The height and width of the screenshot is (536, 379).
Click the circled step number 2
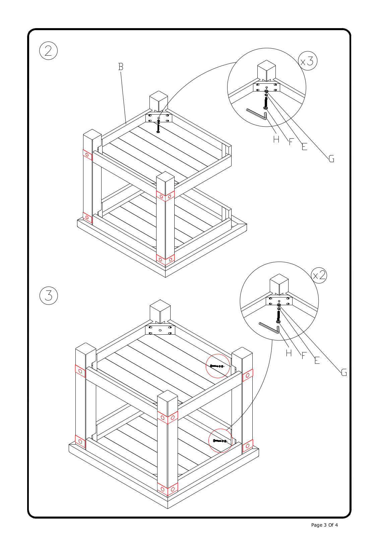click(x=49, y=51)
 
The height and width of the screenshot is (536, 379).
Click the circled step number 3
click(x=49, y=296)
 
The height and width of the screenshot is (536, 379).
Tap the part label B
click(x=121, y=67)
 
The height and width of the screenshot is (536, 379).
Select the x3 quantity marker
click(x=307, y=61)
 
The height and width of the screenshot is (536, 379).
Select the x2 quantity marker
click(x=319, y=275)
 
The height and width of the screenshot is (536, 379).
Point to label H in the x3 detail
click(x=276, y=139)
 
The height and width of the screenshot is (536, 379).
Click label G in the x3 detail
click(x=331, y=159)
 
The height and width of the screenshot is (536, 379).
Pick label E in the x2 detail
click(x=317, y=360)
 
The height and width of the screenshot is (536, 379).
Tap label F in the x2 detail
click(x=304, y=356)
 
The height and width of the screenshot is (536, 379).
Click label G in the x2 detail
click(x=344, y=373)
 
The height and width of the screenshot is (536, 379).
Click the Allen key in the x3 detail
click(x=257, y=114)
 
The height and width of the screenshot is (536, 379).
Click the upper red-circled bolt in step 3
click(x=216, y=366)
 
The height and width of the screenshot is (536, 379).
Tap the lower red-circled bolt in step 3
click(x=219, y=441)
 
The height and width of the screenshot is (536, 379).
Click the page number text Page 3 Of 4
click(x=324, y=525)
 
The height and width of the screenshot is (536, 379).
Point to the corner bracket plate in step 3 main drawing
click(x=160, y=330)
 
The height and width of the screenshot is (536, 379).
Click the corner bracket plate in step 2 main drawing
click(x=159, y=118)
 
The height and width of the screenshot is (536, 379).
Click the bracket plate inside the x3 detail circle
click(x=266, y=87)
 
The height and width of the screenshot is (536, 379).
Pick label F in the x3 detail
click(x=291, y=142)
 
